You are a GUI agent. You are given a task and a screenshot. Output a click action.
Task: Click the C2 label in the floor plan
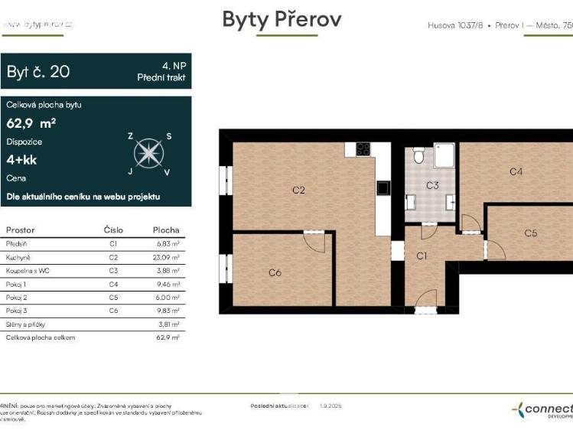(x=298, y=190)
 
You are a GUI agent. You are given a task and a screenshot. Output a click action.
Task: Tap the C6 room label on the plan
(x=275, y=272)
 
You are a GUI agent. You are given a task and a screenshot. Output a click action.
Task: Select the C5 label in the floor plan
(x=531, y=233)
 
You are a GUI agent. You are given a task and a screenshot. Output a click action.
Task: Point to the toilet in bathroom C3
(x=418, y=156)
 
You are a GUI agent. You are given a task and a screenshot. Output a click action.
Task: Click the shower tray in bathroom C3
(x=444, y=155)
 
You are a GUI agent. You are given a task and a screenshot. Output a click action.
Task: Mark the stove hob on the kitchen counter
(x=363, y=151)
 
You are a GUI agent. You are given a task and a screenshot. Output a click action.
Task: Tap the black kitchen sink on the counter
(x=382, y=187)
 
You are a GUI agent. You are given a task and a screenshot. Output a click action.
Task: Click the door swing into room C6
(x=314, y=239)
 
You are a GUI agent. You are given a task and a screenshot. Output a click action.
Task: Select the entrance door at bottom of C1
(x=425, y=308)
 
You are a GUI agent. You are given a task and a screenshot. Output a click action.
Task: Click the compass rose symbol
(x=148, y=154)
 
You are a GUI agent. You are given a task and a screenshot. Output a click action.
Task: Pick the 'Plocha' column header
(x=165, y=230)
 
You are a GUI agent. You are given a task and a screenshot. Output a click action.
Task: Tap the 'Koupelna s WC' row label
(x=25, y=271)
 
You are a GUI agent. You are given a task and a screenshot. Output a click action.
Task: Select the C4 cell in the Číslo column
(x=113, y=284)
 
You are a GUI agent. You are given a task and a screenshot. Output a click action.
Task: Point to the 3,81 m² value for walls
(x=168, y=324)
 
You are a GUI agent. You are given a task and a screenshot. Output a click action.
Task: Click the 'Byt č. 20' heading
(x=38, y=72)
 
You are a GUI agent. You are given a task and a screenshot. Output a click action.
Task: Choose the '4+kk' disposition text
(x=21, y=160)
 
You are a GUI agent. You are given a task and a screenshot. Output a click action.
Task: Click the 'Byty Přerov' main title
(x=282, y=19)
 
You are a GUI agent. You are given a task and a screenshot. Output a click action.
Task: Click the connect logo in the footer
(x=543, y=409)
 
